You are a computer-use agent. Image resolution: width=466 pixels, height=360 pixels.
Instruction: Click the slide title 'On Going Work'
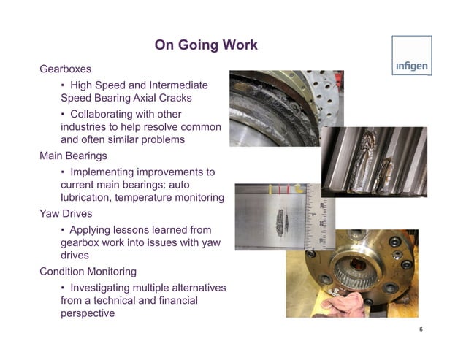coord(206,46)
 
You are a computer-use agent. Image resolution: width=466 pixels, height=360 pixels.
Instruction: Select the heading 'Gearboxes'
coord(65,69)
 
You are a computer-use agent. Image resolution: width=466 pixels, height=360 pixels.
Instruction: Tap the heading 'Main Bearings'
coord(73,156)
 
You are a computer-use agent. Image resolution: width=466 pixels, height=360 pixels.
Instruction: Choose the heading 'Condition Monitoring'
coord(88,272)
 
